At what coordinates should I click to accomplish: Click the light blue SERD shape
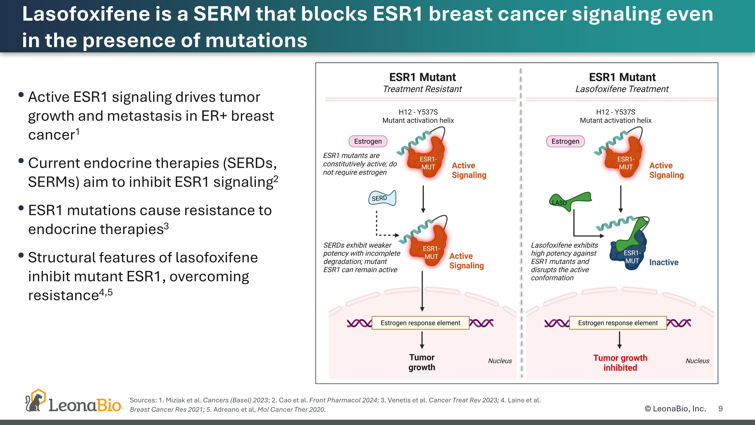tap(382, 198)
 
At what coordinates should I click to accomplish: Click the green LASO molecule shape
tap(570, 201)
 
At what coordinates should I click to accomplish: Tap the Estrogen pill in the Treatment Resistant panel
tap(368, 141)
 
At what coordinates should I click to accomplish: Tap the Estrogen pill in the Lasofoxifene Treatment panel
tap(565, 141)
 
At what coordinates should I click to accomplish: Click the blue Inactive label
tap(664, 262)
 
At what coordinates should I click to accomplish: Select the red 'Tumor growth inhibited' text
tap(620, 363)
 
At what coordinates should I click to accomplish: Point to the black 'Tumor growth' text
tap(422, 362)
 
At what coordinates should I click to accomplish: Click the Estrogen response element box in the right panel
tap(618, 323)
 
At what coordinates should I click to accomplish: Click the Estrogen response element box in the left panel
tap(420, 323)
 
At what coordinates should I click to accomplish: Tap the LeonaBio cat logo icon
tap(35, 400)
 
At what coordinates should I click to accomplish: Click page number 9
tap(721, 409)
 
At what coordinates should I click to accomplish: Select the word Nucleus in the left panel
tap(500, 361)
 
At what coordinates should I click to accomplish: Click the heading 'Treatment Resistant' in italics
tap(422, 89)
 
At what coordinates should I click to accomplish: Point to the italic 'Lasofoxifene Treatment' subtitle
tap(622, 89)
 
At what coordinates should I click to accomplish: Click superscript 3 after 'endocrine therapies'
tap(166, 226)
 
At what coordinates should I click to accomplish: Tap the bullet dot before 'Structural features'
tap(21, 255)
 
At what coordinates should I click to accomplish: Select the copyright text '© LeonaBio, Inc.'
tap(675, 409)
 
